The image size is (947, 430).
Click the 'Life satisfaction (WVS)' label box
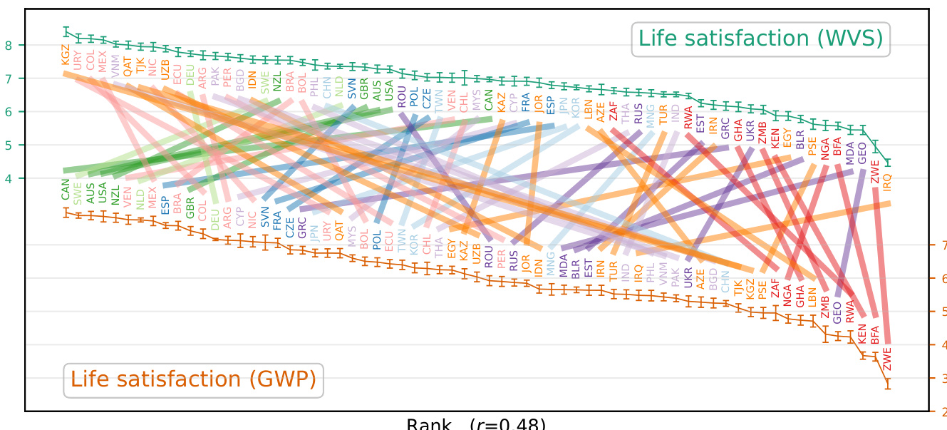(760, 39)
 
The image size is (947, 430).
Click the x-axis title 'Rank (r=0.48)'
(475, 424)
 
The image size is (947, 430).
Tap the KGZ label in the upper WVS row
(66, 54)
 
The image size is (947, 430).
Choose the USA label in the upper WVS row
(389, 90)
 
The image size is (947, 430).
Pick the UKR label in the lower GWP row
(688, 277)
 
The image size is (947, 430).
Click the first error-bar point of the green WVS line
(66, 31)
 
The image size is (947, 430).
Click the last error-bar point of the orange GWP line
(889, 384)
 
